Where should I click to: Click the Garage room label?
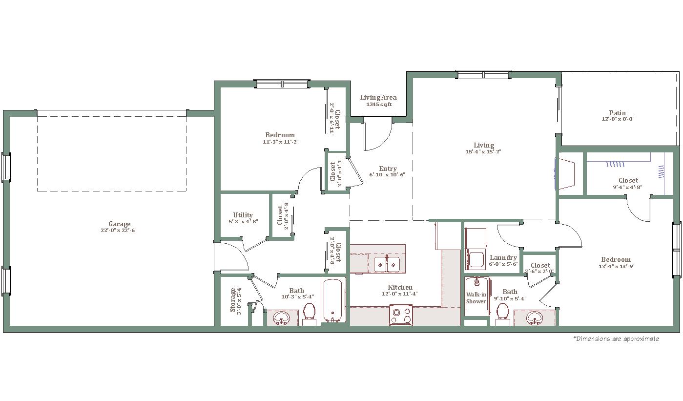tap(119, 224)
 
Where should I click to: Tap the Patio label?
tap(618, 113)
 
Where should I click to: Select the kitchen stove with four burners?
tap(401, 315)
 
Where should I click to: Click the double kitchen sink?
tap(387, 264)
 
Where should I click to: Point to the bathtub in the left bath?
tap(333, 300)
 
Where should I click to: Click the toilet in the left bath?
tap(310, 314)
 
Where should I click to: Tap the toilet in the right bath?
tap(502, 314)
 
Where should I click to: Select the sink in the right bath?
tap(535, 318)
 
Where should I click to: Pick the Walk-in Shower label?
tap(476, 298)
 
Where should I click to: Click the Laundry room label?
tap(503, 258)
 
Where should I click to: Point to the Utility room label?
tap(243, 215)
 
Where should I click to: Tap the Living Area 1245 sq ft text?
tap(378, 100)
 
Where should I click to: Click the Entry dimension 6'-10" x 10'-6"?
tap(387, 175)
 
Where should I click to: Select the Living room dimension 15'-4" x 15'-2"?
tap(483, 151)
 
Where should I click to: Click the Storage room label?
tap(233, 300)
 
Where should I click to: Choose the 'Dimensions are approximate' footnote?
tap(616, 339)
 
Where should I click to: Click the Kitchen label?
tap(400, 287)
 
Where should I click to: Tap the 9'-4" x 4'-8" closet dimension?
tap(627, 187)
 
